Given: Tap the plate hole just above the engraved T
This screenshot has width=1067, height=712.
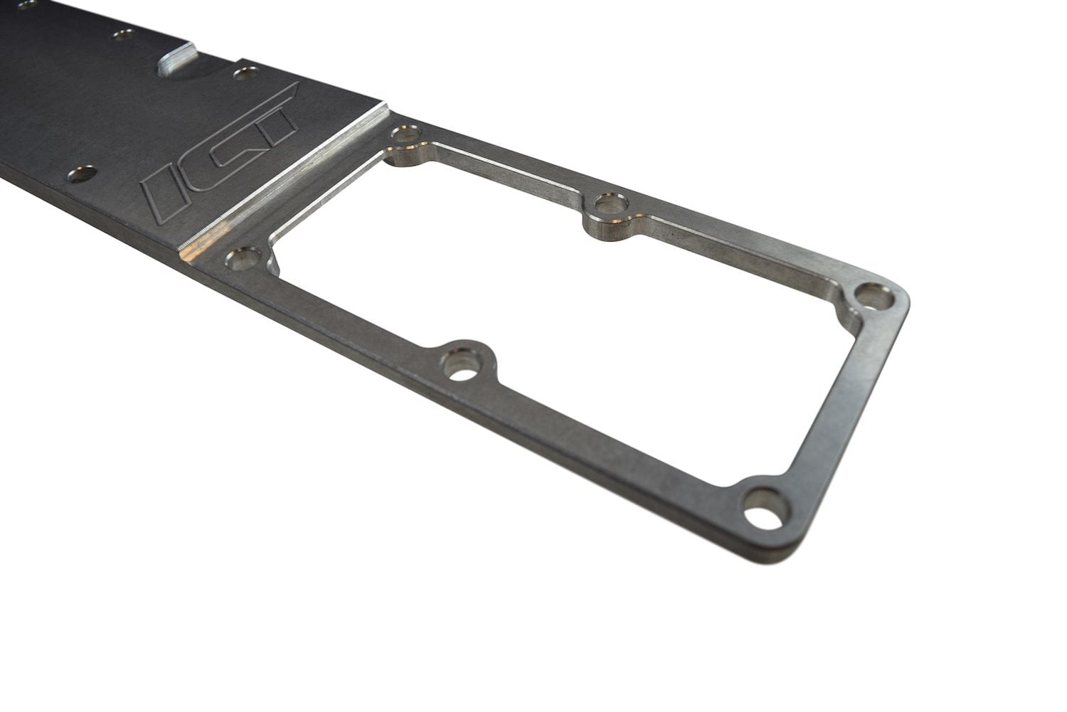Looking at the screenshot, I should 245,72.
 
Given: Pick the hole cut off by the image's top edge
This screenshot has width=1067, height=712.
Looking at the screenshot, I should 27,4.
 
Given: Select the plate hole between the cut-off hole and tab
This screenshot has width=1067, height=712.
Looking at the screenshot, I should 121,33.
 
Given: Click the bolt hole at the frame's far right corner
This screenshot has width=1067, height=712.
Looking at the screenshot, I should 869,295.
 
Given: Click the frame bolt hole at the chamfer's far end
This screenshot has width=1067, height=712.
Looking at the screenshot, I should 408,133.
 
